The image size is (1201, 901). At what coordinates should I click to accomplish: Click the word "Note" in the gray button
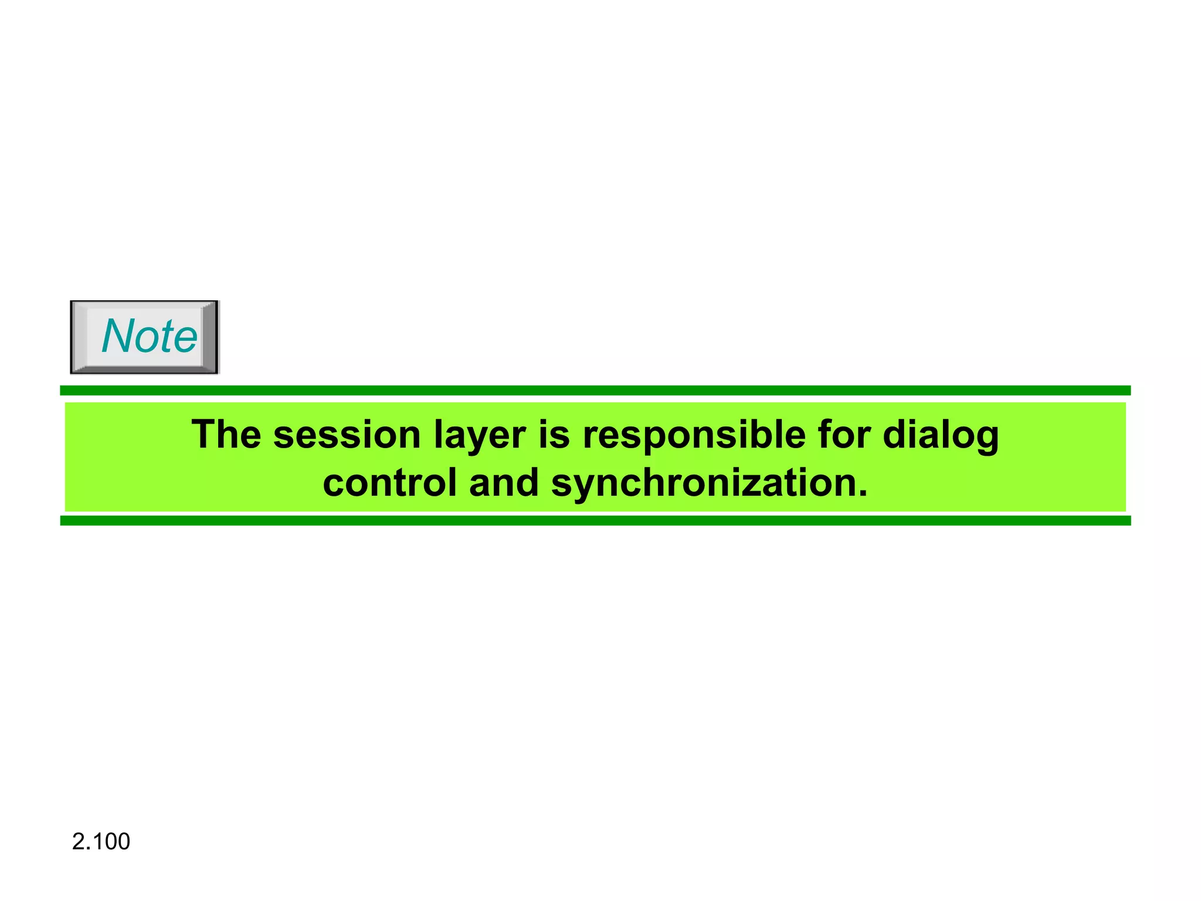point(149,336)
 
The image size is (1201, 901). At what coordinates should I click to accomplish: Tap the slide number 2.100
point(101,841)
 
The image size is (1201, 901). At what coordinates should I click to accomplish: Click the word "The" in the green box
point(226,435)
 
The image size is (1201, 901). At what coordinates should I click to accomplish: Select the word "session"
point(347,435)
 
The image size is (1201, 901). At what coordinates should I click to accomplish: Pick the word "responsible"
point(694,436)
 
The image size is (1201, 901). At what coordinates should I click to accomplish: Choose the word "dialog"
point(941,436)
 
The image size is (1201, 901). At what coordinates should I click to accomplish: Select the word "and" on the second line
point(503,483)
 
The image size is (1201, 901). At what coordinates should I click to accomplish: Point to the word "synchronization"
point(700,484)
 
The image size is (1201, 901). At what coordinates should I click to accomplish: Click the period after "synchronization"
point(862,493)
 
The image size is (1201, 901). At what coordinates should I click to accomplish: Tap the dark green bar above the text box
point(595,391)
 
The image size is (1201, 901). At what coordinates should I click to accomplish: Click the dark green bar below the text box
point(595,521)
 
